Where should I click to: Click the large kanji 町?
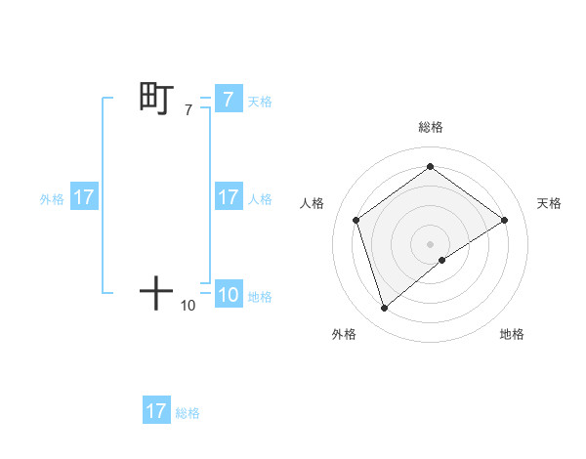pyautogui.click(x=156, y=99)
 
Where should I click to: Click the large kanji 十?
pyautogui.click(x=156, y=292)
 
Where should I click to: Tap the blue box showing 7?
pyautogui.click(x=228, y=99)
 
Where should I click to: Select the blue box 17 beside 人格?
pyautogui.click(x=228, y=197)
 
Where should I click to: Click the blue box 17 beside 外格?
pyautogui.click(x=84, y=197)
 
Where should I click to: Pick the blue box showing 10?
pyautogui.click(x=228, y=295)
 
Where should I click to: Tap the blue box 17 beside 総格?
pyautogui.click(x=156, y=411)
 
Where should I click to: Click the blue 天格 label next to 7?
pyautogui.click(x=260, y=101)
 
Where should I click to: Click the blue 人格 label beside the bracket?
pyautogui.click(x=260, y=199)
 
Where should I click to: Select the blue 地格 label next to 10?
pyautogui.click(x=260, y=297)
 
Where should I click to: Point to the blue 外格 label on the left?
pyautogui.click(x=52, y=199)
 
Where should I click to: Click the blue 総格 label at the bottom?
pyautogui.click(x=188, y=413)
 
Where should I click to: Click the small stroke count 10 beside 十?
pyautogui.click(x=188, y=306)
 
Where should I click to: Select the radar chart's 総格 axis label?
pyautogui.click(x=431, y=128)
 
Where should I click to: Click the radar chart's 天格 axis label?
pyautogui.click(x=549, y=203)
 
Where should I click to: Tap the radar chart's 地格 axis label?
pyautogui.click(x=512, y=334)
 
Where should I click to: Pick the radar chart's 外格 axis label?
pyautogui.click(x=344, y=334)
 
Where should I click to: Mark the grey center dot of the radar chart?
pyautogui.click(x=431, y=243)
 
